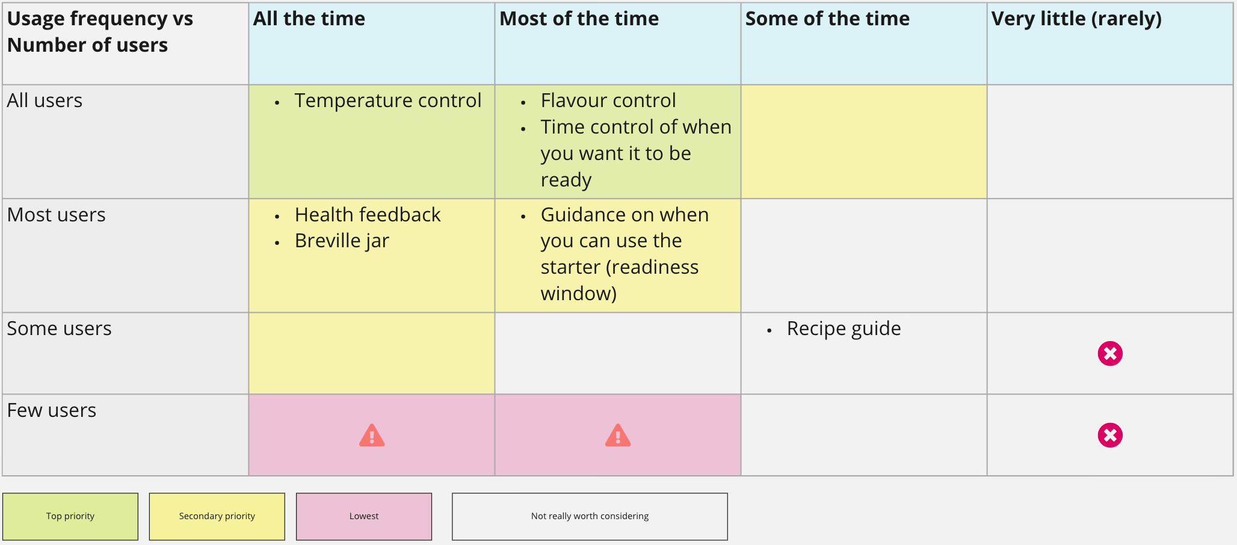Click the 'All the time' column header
(309, 19)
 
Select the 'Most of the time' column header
(579, 19)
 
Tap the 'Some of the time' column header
(827, 19)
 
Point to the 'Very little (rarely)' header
(1076, 19)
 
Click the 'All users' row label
(45, 100)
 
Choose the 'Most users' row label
(56, 215)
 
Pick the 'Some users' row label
(59, 328)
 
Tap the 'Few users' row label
(51, 410)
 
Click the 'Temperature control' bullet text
(388, 100)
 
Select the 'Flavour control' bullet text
(608, 100)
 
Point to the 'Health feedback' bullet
(368, 215)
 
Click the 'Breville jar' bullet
(342, 241)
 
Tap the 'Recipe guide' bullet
(844, 329)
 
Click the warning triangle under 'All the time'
(372, 436)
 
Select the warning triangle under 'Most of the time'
(618, 436)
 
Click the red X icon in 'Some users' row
(1110, 354)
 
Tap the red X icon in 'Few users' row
(1110, 436)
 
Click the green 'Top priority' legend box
(70, 517)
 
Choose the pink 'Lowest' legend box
(364, 517)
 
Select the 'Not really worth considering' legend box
(590, 517)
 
